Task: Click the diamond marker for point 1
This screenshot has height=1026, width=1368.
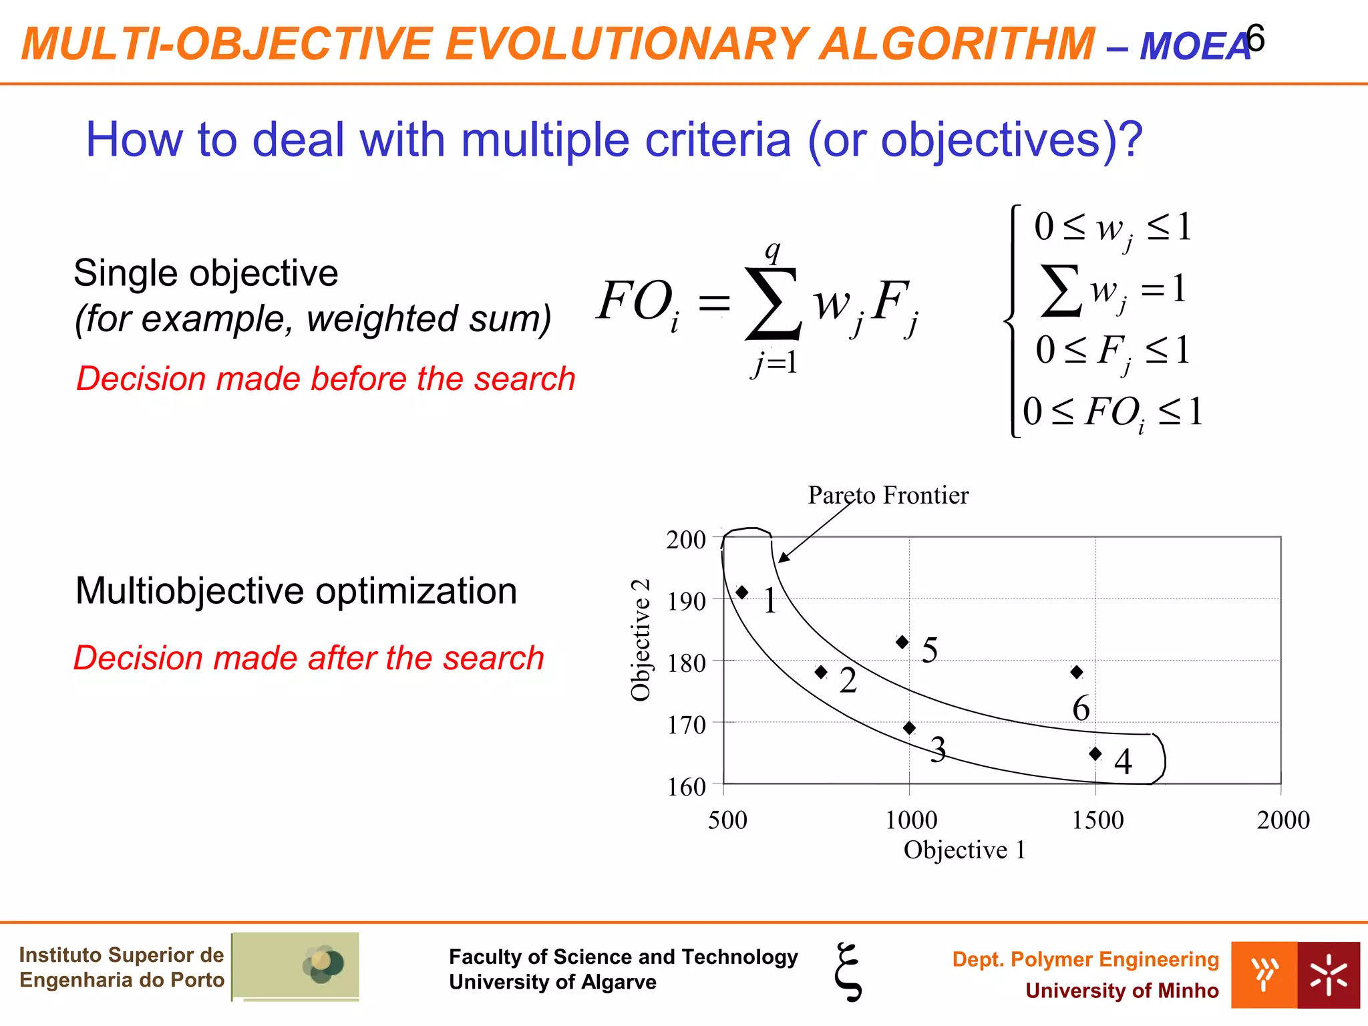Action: pos(741,592)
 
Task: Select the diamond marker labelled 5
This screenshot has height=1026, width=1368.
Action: pos(902,642)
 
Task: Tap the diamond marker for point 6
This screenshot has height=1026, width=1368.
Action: pos(1077,672)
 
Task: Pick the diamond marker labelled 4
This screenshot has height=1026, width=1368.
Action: pos(1095,753)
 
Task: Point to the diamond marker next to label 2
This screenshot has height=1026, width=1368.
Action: pos(822,672)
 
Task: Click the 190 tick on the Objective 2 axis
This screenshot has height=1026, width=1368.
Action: pos(687,601)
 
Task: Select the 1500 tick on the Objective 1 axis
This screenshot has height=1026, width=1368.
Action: pos(1097,820)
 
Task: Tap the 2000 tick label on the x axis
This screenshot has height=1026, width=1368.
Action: pos(1282,820)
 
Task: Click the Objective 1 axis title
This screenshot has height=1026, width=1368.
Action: pos(964,850)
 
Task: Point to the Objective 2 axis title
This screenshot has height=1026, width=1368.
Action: pos(641,639)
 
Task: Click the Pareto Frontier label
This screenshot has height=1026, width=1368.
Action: pos(888,495)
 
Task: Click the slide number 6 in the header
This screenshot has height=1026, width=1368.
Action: pos(1256,39)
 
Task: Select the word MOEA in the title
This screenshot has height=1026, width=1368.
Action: pos(1194,46)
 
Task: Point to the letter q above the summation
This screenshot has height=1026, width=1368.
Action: pos(773,250)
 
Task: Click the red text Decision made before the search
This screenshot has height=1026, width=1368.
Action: pos(325,379)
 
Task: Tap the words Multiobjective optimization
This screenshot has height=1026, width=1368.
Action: pos(296,591)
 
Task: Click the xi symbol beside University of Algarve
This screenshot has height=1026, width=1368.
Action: pos(848,972)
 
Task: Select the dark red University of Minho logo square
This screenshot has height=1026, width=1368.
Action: pos(1328,975)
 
